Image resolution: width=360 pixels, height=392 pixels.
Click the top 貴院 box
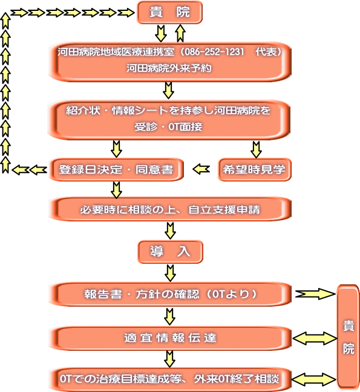tap(169, 12)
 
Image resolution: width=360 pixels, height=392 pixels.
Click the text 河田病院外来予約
tap(169, 68)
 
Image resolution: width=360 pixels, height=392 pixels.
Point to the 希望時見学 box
tap(255, 169)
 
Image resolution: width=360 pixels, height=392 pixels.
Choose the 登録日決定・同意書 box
tap(116, 169)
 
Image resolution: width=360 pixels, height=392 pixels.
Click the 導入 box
tap(170, 252)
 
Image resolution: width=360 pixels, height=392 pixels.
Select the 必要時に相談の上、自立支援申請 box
tap(170, 209)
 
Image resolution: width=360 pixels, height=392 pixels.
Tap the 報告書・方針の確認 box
tap(170, 294)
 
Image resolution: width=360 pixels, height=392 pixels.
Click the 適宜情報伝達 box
tap(170, 338)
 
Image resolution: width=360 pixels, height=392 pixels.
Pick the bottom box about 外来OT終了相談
tap(170, 379)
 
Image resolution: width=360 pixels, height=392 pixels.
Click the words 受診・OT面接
tap(168, 127)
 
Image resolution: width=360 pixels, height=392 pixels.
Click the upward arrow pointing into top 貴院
tap(180, 33)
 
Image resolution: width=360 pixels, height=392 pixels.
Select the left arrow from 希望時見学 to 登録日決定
tap(201, 169)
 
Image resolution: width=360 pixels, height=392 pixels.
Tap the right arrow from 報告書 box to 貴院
tap(315, 294)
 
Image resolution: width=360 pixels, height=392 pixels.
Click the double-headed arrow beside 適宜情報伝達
tap(315, 339)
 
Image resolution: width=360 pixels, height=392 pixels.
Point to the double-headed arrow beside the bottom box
tap(314, 379)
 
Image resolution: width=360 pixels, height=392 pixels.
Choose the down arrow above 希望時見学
tap(257, 150)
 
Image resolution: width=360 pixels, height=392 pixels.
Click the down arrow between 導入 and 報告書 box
tap(170, 273)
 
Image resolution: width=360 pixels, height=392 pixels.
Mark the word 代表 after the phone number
tap(266, 52)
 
